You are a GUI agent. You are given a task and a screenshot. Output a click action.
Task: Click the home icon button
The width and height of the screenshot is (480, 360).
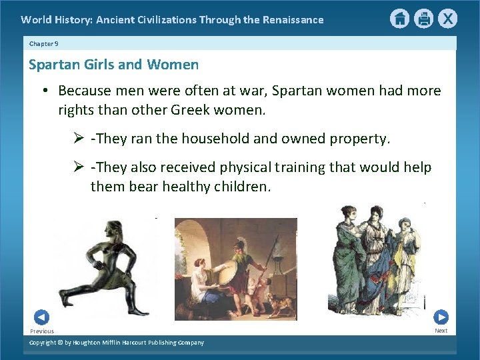click(x=399, y=19)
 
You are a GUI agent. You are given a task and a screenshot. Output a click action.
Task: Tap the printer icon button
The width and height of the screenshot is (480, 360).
click(x=423, y=19)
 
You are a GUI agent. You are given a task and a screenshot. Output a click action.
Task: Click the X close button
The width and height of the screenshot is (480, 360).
click(x=447, y=19)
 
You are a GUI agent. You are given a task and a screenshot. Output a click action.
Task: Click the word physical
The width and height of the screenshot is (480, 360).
click(x=273, y=167)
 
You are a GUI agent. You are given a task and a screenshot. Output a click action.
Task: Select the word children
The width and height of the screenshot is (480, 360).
click(x=242, y=187)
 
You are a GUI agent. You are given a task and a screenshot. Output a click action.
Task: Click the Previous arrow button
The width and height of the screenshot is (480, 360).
click(x=41, y=317)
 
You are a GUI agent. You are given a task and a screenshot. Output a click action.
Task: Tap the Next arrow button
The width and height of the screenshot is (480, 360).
click(x=441, y=317)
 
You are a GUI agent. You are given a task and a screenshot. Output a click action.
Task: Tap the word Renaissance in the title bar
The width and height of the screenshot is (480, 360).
click(x=290, y=19)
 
